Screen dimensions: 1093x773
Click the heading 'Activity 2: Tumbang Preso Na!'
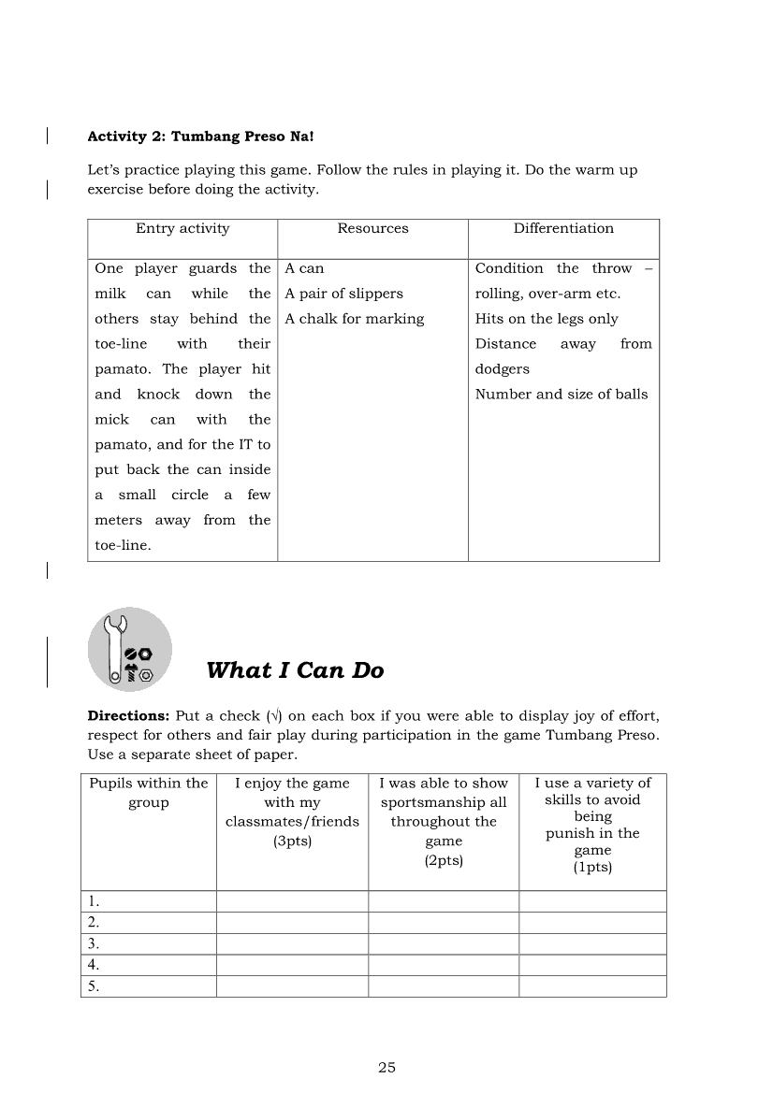click(x=200, y=136)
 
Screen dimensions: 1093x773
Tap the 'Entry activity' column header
click(x=182, y=228)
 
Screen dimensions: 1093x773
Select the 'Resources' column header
click(x=372, y=228)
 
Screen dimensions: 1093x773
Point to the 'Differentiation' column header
click(x=563, y=228)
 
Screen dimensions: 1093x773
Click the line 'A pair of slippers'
click(x=343, y=294)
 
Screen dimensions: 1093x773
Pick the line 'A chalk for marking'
click(x=355, y=319)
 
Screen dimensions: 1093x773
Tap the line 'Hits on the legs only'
click(x=547, y=319)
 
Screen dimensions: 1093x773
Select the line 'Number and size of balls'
click(x=562, y=394)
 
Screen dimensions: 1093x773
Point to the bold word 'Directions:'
click(x=128, y=716)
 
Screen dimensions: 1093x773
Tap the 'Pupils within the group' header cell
click(x=148, y=793)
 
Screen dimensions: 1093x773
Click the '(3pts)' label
click(x=292, y=841)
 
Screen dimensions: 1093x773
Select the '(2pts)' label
click(x=444, y=860)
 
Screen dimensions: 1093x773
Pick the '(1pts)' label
click(x=592, y=867)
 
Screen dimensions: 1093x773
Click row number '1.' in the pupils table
click(x=94, y=901)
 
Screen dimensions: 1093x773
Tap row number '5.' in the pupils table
click(x=94, y=986)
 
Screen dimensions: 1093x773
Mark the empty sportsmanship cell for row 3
click(x=444, y=943)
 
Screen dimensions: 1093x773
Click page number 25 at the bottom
click(x=387, y=1068)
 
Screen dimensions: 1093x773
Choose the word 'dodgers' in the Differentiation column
click(x=503, y=369)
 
